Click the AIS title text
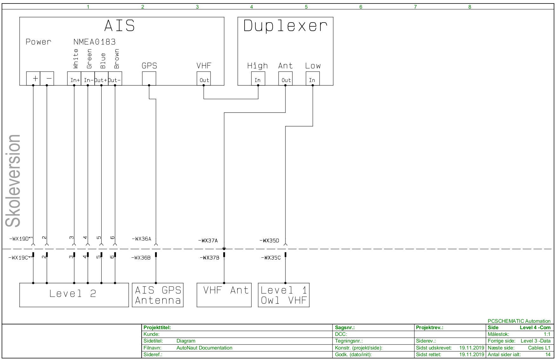[119, 26]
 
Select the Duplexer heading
[285, 26]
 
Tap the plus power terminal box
[33, 78]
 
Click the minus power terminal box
[47, 78]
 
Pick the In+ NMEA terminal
[74, 79]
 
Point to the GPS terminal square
[149, 78]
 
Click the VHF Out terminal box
[204, 79]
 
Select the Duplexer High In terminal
[258, 79]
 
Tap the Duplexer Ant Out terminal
[285, 79]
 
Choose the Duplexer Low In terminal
[312, 79]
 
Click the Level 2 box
[74, 295]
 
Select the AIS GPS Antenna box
[158, 295]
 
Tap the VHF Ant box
[224, 295]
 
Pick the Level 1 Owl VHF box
[284, 295]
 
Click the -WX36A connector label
[141, 239]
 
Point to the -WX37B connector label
[209, 258]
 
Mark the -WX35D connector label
[269, 241]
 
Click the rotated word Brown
[117, 59]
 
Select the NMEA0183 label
[94, 42]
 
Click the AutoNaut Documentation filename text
[204, 348]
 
